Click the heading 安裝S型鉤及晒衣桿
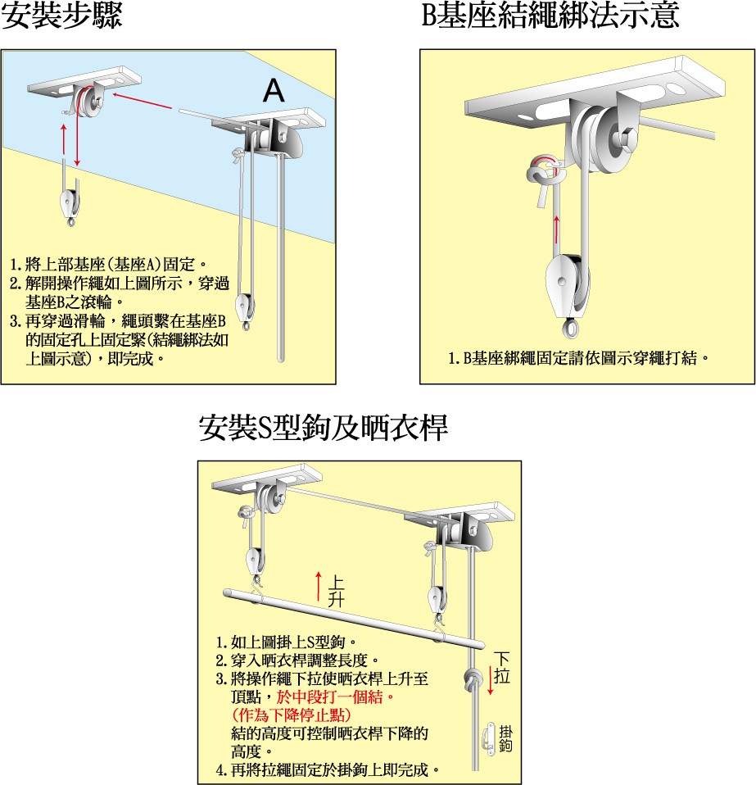click(x=324, y=429)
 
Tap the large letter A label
click(x=274, y=93)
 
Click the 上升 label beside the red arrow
click(x=335, y=592)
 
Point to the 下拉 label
click(x=503, y=667)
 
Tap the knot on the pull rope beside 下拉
click(x=473, y=680)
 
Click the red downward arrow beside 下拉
click(x=491, y=680)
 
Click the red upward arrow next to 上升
click(x=319, y=588)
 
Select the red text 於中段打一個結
click(x=335, y=698)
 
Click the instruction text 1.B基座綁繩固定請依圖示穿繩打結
click(x=578, y=358)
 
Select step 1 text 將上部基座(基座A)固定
click(x=106, y=265)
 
